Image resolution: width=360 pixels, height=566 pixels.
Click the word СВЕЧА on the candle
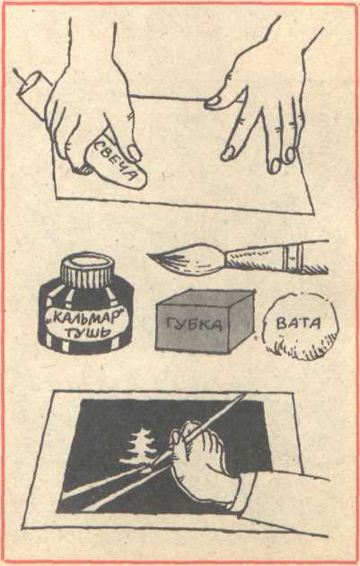[115, 161]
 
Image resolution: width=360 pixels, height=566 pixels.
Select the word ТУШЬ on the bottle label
[88, 332]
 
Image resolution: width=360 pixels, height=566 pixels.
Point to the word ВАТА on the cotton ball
[298, 323]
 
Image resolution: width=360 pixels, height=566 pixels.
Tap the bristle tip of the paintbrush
[149, 255]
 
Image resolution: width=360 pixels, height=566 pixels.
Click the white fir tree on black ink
[139, 447]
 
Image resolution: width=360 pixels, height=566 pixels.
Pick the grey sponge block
[205, 322]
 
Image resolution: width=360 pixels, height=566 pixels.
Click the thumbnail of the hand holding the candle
[135, 153]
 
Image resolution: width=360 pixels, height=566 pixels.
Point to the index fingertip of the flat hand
[214, 103]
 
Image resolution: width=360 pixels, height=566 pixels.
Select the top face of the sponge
[206, 298]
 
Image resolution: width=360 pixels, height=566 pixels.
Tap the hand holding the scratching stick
[202, 463]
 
